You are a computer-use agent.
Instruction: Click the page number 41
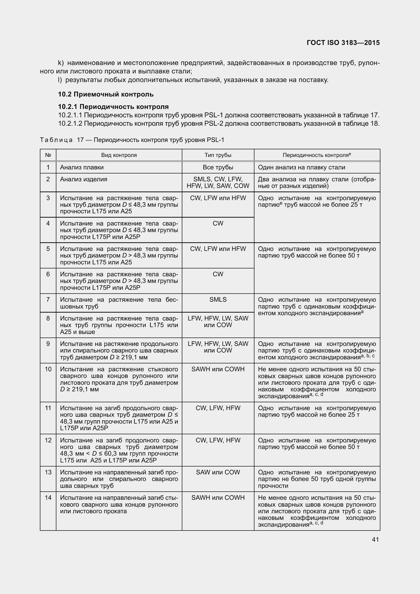[375, 539]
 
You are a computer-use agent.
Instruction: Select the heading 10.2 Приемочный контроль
[106, 94]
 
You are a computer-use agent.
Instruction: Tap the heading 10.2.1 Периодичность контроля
[113, 107]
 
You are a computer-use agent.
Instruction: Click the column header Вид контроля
[119, 155]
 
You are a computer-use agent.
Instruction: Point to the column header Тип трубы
[218, 155]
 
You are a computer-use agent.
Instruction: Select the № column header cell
[48, 155]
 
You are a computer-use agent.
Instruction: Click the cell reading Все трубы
[218, 167]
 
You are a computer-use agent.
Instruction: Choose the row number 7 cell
[48, 300]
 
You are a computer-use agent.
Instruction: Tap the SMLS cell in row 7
[218, 300]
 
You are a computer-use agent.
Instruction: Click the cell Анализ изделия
[84, 179]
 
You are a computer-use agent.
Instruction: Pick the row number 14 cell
[48, 497]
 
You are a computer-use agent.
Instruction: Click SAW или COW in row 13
[218, 472]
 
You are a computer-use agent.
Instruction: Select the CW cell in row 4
[218, 223]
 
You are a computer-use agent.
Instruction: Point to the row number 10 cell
[48, 369]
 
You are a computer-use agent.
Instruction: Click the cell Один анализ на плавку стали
[301, 167]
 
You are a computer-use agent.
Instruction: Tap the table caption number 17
[80, 140]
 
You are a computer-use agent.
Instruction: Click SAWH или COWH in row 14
[218, 497]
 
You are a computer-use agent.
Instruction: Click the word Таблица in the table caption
[56, 140]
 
